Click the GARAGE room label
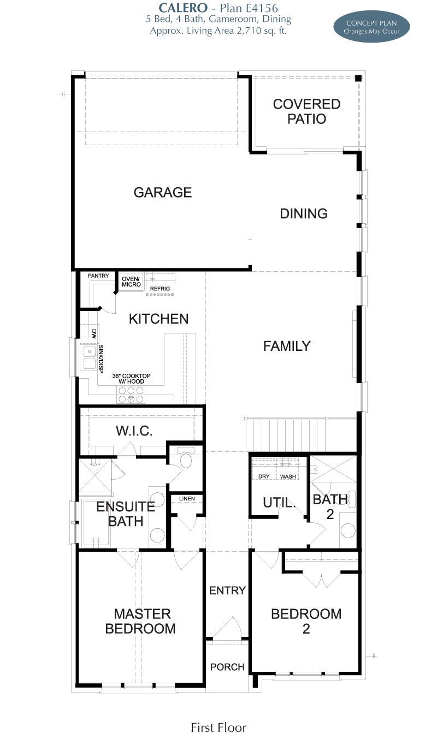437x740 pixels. coord(163,192)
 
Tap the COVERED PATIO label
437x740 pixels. coord(307,111)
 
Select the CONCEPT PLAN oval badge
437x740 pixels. coord(371,27)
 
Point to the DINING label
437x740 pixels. coord(304,214)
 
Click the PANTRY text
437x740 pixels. coord(98,276)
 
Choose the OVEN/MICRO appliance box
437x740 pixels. coord(131,282)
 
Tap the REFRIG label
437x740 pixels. coord(160,289)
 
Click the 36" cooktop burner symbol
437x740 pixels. coord(131,395)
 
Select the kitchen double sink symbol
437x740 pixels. coord(89,358)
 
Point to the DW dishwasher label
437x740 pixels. coord(94,334)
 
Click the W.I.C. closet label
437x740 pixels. coord(134,431)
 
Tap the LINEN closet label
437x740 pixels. coord(187,498)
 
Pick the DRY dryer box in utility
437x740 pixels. coord(264,469)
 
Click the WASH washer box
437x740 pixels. coord(287,469)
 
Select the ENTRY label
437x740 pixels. coord(227,590)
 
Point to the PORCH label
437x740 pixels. coord(227,667)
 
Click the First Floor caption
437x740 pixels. coord(218,727)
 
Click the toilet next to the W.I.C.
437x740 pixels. coord(186,458)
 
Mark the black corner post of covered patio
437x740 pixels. coord(358,78)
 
